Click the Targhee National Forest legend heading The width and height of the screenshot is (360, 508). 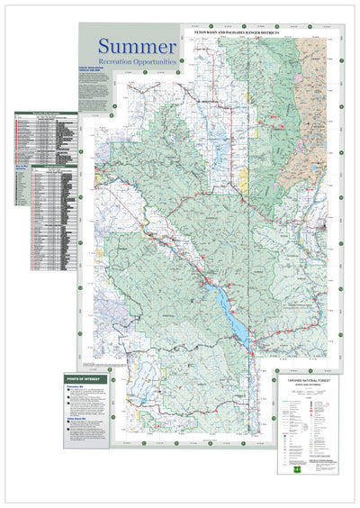point(307,381)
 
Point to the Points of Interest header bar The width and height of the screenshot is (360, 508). point(86,380)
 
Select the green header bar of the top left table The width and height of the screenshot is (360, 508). point(45,115)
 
